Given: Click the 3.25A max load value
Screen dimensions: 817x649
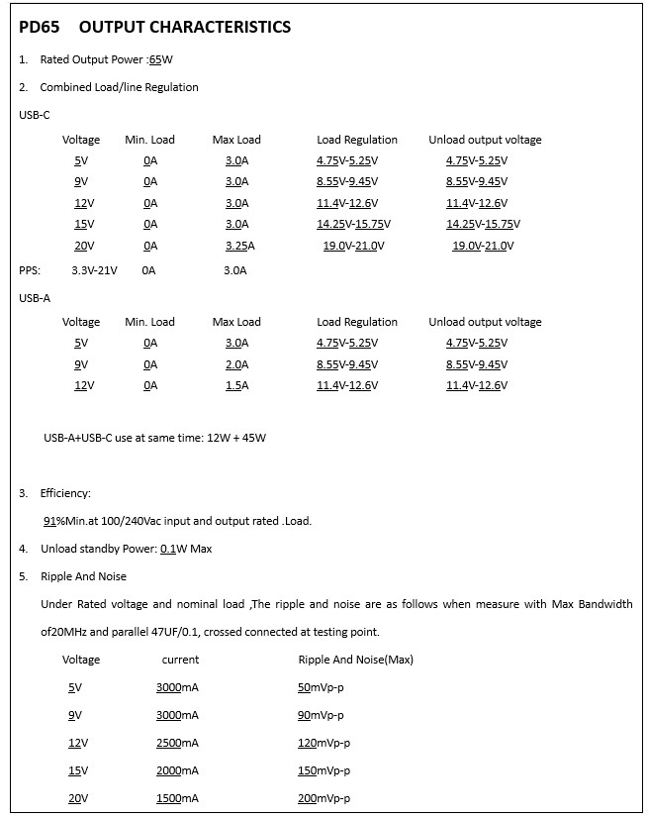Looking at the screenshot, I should coord(239,246).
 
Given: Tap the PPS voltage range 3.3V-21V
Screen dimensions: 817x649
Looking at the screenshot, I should coord(94,269).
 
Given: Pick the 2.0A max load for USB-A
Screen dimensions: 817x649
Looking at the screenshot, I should coord(236,364).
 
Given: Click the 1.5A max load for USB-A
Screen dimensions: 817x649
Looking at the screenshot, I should coord(236,385).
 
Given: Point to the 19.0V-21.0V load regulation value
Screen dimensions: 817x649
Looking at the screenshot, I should coord(353,246).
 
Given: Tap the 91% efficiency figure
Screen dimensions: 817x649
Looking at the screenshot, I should coord(53,521).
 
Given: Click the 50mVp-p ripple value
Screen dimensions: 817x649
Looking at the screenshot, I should coord(321,687).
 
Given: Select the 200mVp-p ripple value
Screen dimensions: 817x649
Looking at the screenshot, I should coord(324,798).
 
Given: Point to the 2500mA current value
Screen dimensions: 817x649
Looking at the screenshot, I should coord(177,743).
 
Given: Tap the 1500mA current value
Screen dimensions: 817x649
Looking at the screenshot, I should coord(177,798).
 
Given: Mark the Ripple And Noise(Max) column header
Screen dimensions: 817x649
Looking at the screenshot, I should coord(355,660).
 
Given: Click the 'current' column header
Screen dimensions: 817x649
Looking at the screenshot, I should coord(180,660).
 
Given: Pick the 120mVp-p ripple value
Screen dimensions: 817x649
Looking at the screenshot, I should coord(324,743).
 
